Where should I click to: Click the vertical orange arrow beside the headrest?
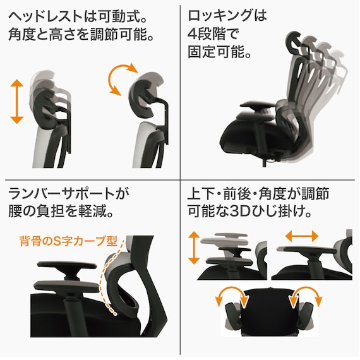pos(17,100)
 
